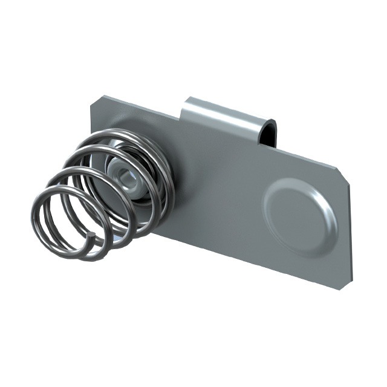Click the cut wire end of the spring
[90, 235]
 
